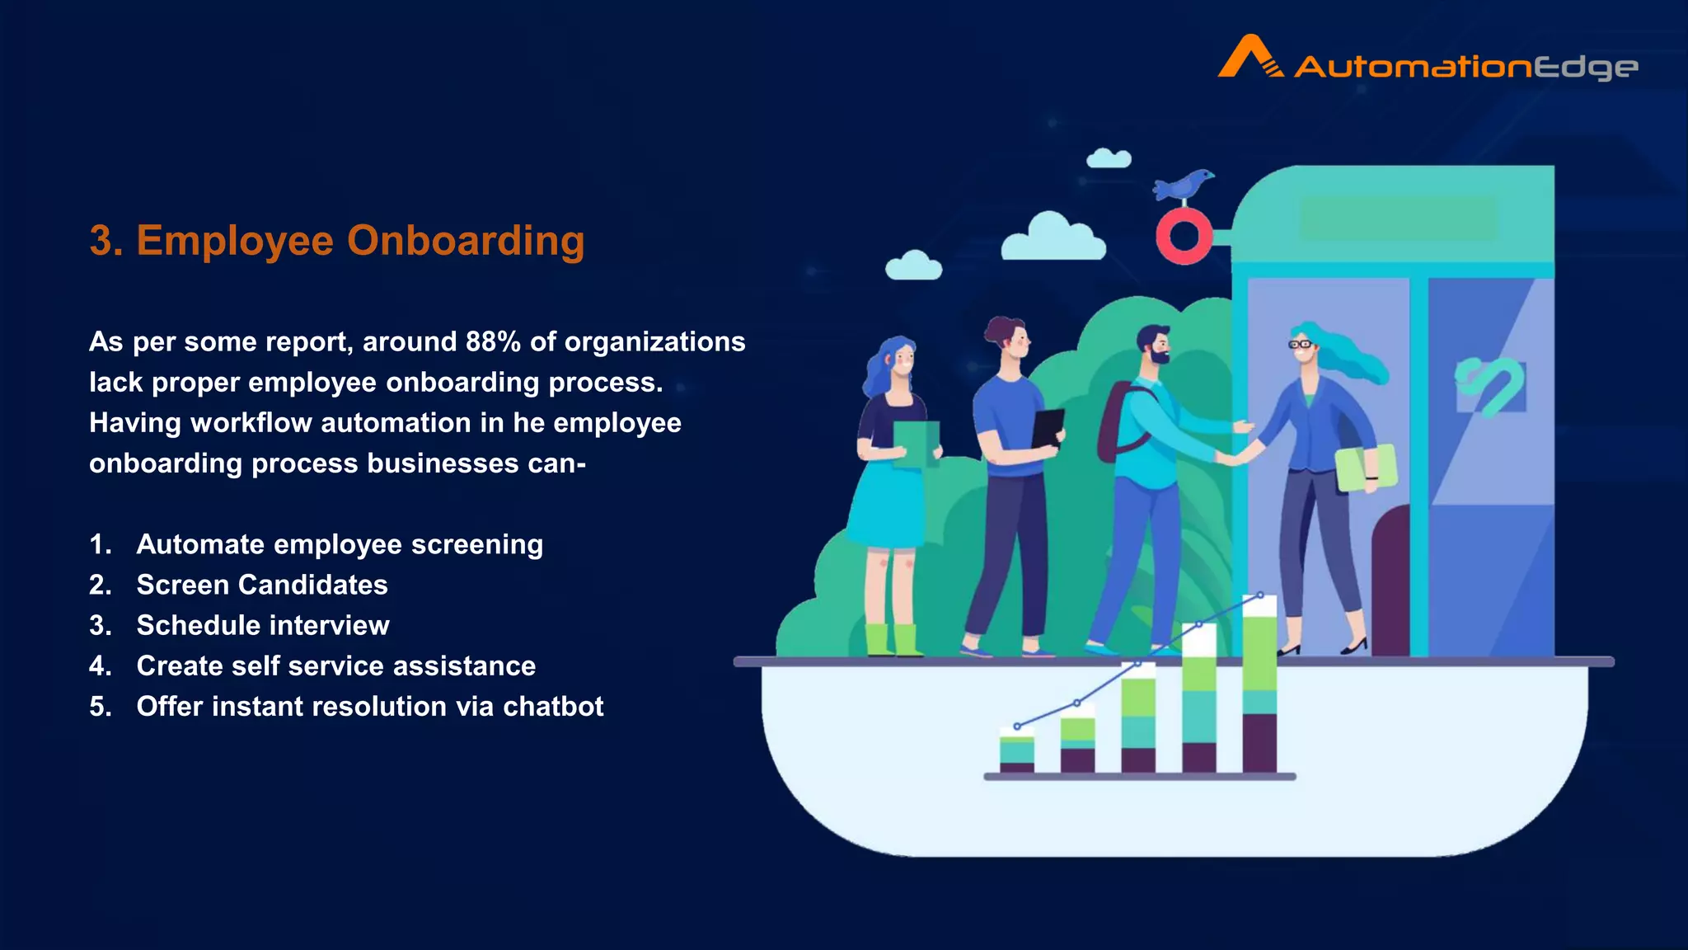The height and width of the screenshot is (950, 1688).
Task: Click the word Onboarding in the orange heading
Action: click(x=466, y=241)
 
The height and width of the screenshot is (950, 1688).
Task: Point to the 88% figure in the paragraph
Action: click(x=493, y=341)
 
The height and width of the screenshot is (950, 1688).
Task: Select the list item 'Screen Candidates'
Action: click(x=262, y=585)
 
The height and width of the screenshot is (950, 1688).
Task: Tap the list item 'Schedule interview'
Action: click(x=263, y=625)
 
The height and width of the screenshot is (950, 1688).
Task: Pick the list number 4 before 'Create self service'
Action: click(x=100, y=665)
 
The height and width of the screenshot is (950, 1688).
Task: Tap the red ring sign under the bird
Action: click(x=1184, y=237)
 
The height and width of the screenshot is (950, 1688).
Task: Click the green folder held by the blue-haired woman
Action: click(x=916, y=444)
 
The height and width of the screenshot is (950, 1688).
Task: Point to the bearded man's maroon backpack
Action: click(x=1113, y=421)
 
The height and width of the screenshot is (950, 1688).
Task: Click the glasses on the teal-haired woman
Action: click(x=1301, y=344)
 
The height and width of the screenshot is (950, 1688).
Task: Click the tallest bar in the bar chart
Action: click(x=1259, y=684)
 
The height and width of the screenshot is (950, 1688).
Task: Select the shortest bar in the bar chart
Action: click(x=1016, y=750)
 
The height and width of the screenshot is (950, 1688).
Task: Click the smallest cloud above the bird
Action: click(x=1109, y=158)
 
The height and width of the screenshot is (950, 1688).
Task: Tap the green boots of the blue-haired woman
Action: click(x=894, y=641)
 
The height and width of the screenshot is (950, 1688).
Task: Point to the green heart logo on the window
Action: click(x=1490, y=385)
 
